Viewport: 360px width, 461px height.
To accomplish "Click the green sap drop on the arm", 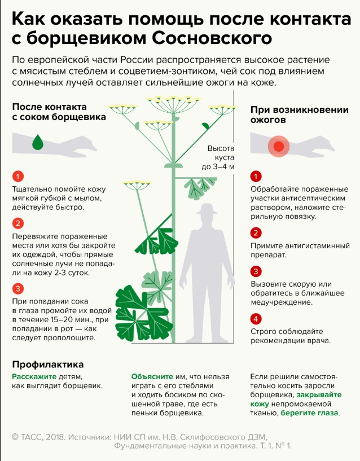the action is (x=38, y=142).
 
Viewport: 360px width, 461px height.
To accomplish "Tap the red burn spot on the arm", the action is (x=279, y=146).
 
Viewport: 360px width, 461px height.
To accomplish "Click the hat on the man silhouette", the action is (x=207, y=209).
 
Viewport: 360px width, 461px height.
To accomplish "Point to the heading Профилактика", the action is (x=48, y=365).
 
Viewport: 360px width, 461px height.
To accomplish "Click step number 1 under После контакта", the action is (x=18, y=177).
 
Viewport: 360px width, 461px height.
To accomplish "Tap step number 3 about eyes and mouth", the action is (x=18, y=289).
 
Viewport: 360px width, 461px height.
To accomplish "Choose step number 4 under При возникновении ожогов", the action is (x=256, y=319).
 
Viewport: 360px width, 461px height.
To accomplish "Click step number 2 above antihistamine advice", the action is (x=256, y=233).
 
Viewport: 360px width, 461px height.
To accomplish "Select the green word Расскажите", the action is (x=34, y=376).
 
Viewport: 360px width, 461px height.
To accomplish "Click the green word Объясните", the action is (x=152, y=376).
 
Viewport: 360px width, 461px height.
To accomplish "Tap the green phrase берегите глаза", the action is (x=309, y=413).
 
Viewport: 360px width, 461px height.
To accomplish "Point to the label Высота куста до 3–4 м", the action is (x=218, y=157).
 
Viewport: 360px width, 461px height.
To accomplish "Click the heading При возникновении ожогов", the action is (x=300, y=115).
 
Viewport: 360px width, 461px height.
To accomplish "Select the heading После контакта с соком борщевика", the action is (x=59, y=112).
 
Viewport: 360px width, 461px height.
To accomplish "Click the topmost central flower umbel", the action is (x=174, y=104).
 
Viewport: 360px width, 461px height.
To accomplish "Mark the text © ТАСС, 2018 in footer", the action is (x=38, y=437).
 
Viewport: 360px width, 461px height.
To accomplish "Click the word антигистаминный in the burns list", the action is (x=317, y=246).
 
